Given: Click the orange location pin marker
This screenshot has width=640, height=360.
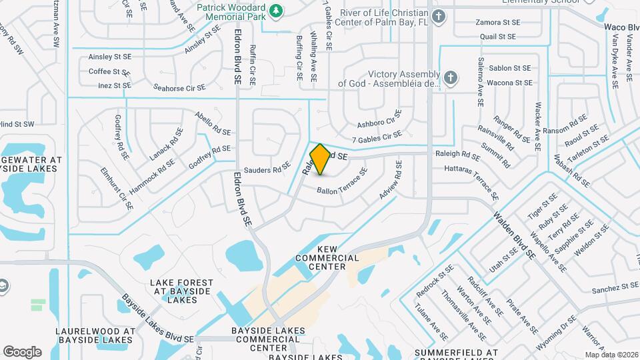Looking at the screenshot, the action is pyautogui.click(x=321, y=159).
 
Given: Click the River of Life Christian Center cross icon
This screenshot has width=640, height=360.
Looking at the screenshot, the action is pyautogui.click(x=438, y=17).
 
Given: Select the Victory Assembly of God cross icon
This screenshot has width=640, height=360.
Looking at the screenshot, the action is pyautogui.click(x=450, y=78).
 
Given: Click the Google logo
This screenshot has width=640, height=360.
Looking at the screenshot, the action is pyautogui.click(x=22, y=351).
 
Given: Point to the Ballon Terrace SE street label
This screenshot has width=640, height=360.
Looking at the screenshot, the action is pyautogui.click(x=342, y=182).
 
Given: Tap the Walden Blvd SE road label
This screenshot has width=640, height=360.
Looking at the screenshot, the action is pyautogui.click(x=515, y=235).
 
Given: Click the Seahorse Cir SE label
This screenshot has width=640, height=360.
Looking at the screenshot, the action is pyautogui.click(x=179, y=87).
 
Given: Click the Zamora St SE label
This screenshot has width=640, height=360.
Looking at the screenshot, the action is pyautogui.click(x=497, y=22).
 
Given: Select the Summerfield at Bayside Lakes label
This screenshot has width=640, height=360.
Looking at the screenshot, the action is pyautogui.click(x=456, y=352).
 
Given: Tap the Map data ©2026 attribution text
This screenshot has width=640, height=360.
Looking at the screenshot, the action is pyautogui.click(x=611, y=355).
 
